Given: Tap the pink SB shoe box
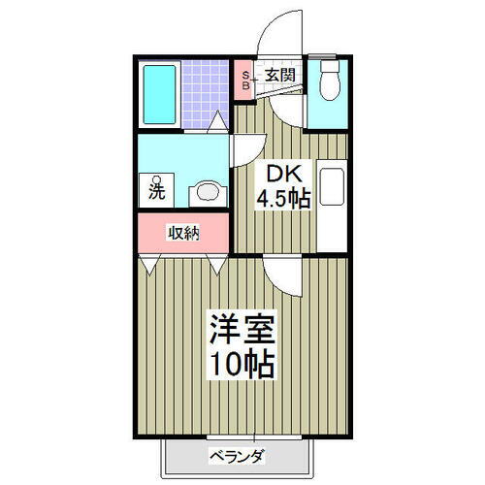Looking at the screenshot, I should click(x=245, y=79).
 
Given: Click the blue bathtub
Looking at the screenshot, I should click(x=162, y=93).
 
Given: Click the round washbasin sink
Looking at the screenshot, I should click(x=206, y=190).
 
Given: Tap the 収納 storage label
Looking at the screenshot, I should click(x=183, y=233).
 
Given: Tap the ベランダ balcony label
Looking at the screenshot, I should click(x=237, y=456).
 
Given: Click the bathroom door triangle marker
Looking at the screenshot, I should click(x=217, y=123).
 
